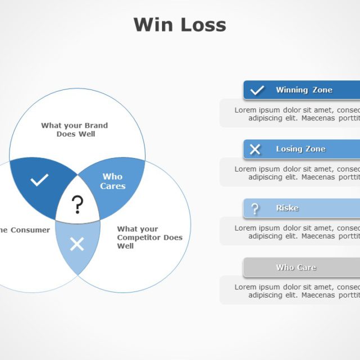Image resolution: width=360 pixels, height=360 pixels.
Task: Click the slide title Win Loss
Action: click(x=179, y=25)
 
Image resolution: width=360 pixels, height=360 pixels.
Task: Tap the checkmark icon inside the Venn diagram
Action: click(x=39, y=180)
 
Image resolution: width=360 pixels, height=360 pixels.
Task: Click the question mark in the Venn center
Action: click(x=78, y=205)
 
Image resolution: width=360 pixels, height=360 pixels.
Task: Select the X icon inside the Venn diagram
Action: click(x=77, y=244)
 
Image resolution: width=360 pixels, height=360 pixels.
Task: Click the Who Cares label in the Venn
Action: click(x=112, y=181)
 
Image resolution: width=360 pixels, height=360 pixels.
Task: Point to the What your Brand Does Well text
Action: click(x=74, y=129)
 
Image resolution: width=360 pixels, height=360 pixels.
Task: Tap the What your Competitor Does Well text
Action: click(x=149, y=237)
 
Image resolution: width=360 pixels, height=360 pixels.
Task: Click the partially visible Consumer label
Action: click(x=26, y=229)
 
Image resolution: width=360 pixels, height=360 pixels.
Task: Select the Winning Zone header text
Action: click(x=304, y=90)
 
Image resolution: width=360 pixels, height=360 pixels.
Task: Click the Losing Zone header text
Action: click(x=300, y=149)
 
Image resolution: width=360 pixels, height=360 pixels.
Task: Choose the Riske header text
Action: click(x=287, y=208)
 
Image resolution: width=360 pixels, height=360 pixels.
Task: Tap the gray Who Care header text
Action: click(x=296, y=267)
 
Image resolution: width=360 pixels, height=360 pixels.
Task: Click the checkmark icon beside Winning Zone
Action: click(x=257, y=90)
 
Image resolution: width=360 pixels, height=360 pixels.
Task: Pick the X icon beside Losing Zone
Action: click(x=255, y=149)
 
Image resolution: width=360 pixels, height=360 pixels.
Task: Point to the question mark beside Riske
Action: click(x=255, y=209)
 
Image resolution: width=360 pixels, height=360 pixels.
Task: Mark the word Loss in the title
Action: click(x=203, y=25)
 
